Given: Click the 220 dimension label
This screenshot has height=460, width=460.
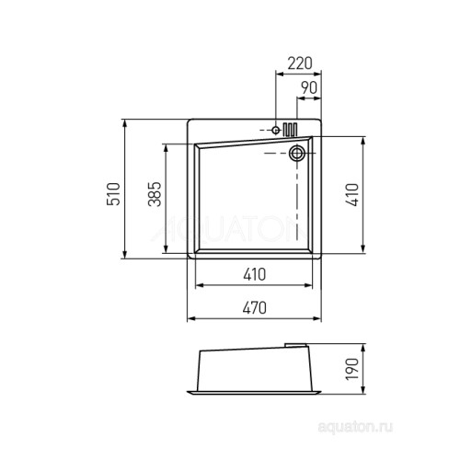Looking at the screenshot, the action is pyautogui.click(x=300, y=63).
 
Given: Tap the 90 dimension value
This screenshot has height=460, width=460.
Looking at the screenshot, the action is pyautogui.click(x=308, y=88).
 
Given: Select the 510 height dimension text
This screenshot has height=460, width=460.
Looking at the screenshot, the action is pyautogui.click(x=113, y=194).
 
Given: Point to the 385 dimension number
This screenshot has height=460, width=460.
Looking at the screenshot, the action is pyautogui.click(x=155, y=194).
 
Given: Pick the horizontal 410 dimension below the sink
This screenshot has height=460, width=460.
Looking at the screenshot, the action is pyautogui.click(x=255, y=274).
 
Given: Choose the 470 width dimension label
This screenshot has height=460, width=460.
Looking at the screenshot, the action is pyautogui.click(x=255, y=308).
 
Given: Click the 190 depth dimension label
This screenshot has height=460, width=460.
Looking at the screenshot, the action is pyautogui.click(x=351, y=369).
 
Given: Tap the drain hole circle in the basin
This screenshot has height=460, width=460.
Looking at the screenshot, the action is pyautogui.click(x=297, y=153).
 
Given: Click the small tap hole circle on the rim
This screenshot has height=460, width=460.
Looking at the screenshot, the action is pyautogui.click(x=276, y=131).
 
